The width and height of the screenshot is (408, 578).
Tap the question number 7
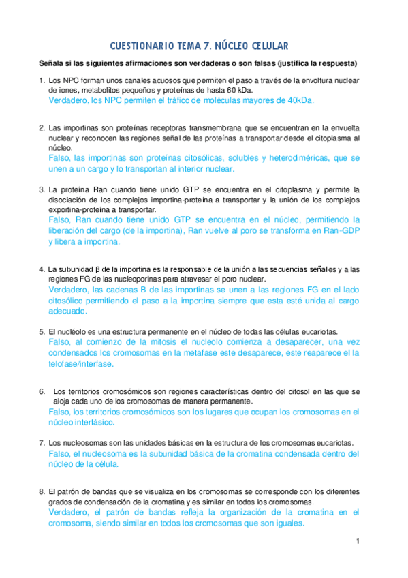tap(42, 442)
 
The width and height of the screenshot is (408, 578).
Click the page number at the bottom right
tap(357, 541)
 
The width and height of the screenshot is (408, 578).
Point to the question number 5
tap(42, 331)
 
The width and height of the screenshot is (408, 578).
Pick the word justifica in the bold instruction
tap(283, 65)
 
